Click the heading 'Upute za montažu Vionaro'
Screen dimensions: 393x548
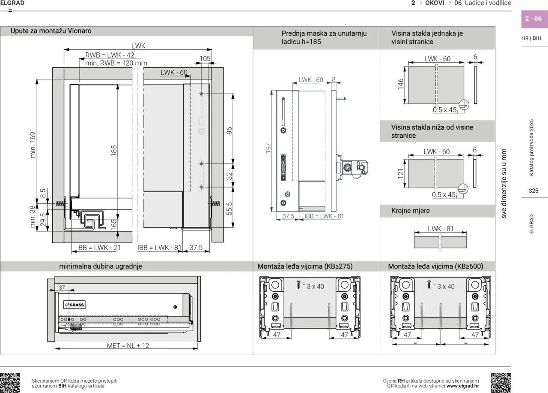coord(51,31)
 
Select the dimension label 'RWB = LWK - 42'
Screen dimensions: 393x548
coord(110,55)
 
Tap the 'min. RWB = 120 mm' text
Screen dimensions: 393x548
coord(116,63)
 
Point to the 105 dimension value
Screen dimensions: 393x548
coord(205,58)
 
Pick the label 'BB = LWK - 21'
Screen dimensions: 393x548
coord(99,248)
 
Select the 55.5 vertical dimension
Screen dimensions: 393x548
coord(229,209)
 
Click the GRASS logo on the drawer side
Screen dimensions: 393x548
coord(74,305)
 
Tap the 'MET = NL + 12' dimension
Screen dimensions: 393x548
coord(128,345)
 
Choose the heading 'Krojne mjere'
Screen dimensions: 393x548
coord(410,211)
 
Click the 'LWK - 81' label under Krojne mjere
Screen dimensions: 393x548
coord(441,229)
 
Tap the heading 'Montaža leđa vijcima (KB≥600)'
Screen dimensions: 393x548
coord(435,266)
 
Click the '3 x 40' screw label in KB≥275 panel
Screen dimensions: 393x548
coord(315,286)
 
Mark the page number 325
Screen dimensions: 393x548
coord(533,191)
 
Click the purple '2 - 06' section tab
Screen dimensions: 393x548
coord(533,19)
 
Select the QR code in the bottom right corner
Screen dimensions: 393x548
coord(501,383)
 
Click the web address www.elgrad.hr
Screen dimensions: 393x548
coord(462,386)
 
